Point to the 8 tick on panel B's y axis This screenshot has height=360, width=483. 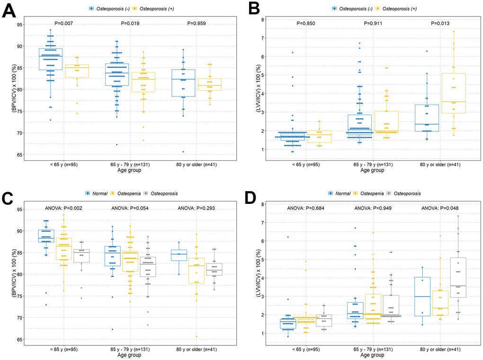click(266, 19)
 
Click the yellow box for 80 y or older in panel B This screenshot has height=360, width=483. click(440, 93)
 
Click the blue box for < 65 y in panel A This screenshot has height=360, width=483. click(51, 59)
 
